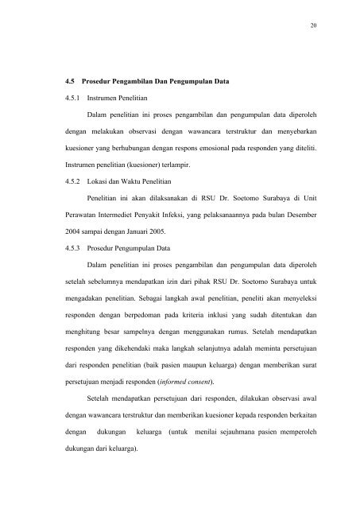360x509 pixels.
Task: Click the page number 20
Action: click(x=314, y=25)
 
